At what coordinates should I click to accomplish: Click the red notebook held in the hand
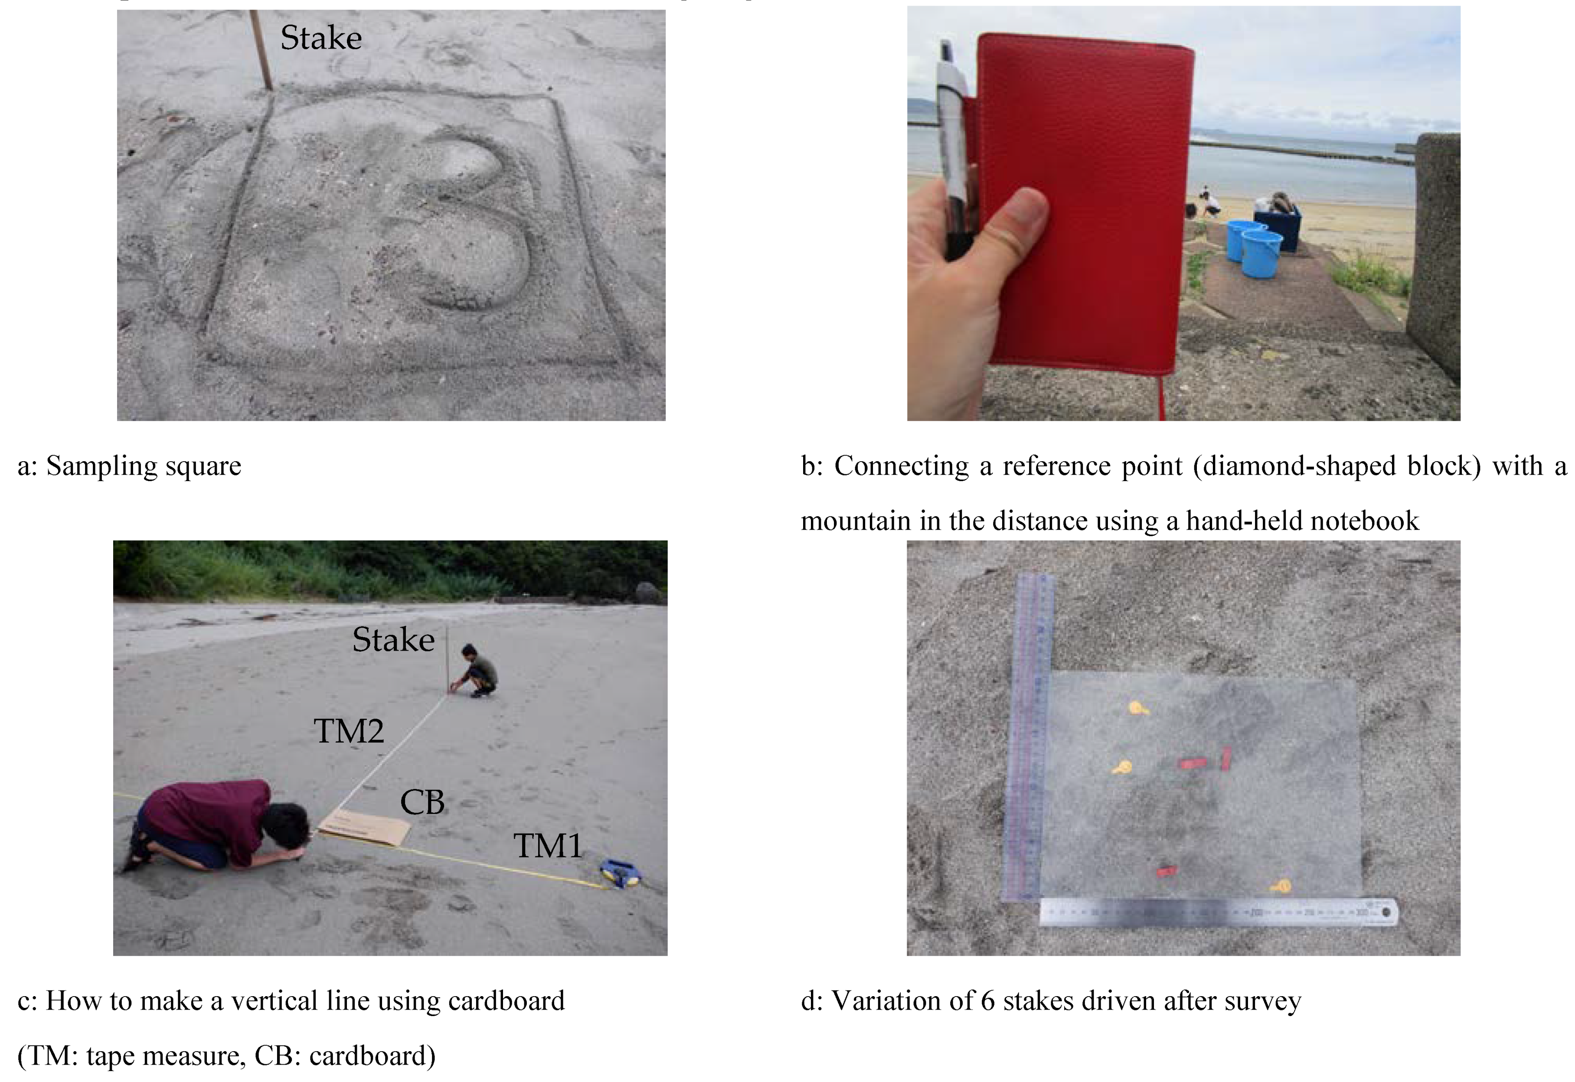pyautogui.click(x=1085, y=203)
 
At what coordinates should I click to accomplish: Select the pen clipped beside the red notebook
pyautogui.click(x=953, y=149)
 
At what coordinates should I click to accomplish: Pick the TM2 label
pyautogui.click(x=349, y=731)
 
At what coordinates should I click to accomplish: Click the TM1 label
pyautogui.click(x=548, y=845)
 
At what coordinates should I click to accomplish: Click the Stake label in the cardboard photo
pyautogui.click(x=393, y=639)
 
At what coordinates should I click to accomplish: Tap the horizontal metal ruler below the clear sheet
pyautogui.click(x=1219, y=912)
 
